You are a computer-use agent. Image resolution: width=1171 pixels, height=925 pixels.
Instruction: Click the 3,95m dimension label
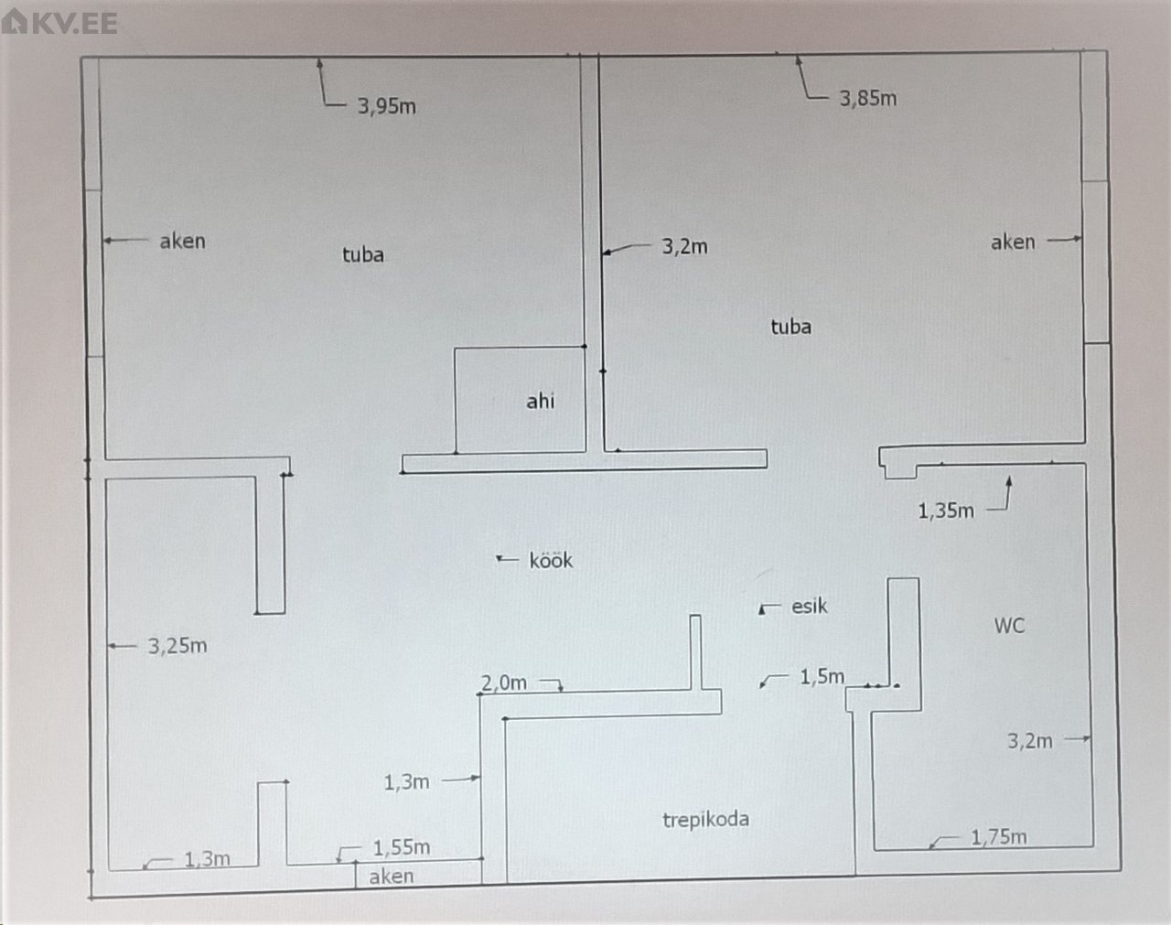pos(386,106)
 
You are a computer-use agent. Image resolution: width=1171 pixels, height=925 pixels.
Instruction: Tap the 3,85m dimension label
pos(867,98)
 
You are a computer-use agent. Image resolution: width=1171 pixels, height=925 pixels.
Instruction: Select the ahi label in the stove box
pos(540,401)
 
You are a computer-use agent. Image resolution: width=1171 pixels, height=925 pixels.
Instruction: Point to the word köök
pos(551,560)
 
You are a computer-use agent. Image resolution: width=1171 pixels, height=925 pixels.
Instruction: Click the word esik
pos(809,606)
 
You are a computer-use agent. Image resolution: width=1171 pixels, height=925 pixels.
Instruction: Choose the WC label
pos(1009,626)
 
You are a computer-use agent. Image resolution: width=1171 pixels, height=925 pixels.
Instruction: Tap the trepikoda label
pos(705,819)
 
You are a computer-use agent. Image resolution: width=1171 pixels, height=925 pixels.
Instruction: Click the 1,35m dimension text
pos(946,511)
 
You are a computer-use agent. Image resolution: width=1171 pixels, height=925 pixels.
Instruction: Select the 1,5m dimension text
pos(822,676)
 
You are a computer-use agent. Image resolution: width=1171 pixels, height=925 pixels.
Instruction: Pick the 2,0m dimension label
pos(504,683)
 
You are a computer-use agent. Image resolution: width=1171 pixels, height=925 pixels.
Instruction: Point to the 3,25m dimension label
pos(177,646)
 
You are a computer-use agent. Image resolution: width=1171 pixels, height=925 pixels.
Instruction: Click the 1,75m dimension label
pos(998,836)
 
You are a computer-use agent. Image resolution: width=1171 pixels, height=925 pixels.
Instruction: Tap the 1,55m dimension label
pos(401,848)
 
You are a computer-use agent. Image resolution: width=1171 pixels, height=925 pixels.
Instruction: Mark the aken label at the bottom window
pos(391,877)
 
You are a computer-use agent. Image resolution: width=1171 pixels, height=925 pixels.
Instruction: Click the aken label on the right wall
pos(1013,242)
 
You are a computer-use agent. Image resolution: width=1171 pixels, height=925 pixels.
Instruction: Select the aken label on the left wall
pos(182,241)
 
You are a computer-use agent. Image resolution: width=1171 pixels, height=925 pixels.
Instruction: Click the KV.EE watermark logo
pos(60,22)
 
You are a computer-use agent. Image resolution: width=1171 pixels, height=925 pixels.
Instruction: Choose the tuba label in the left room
pos(362,254)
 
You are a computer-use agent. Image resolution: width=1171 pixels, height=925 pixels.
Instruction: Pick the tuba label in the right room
pos(790,327)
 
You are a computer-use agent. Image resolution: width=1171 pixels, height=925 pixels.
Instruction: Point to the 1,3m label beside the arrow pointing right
pos(406,782)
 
